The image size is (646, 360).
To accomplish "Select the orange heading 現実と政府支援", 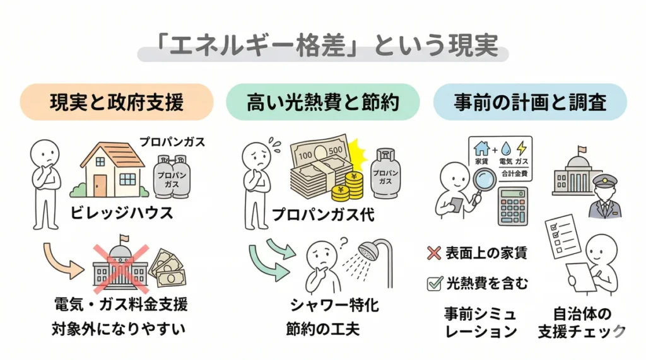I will click(x=117, y=102).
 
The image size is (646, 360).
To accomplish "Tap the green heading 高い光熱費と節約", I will click(x=323, y=102).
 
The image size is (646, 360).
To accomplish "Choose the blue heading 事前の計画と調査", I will click(x=529, y=102).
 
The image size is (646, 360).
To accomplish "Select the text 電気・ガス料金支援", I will click(x=120, y=306).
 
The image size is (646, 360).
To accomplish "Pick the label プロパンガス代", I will click(x=323, y=215).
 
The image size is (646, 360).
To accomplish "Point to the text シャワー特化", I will click(x=334, y=306).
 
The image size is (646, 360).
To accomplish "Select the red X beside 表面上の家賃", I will click(x=433, y=253).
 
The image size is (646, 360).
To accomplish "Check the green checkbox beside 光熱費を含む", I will click(x=433, y=283).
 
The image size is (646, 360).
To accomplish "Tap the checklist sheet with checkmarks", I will click(x=560, y=235).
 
